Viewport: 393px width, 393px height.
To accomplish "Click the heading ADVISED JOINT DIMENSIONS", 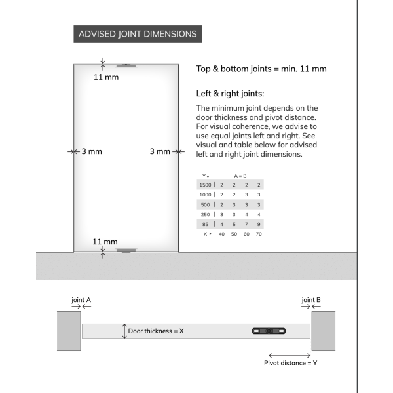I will (138, 34).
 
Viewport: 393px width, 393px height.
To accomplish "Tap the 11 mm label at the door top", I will (106, 77).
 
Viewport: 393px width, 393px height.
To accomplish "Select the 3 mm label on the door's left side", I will (92, 151).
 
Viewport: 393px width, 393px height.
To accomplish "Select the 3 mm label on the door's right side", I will (160, 151).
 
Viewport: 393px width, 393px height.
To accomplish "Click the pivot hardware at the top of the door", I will (125, 65).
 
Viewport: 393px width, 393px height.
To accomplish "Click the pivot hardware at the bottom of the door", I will (125, 250).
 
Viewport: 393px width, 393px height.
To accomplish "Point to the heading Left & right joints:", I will (230, 94).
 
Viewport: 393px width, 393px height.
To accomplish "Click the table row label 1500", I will (205, 185).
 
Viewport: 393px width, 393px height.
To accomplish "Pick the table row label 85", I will (206, 224).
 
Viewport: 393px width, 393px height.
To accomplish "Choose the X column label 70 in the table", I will (259, 234).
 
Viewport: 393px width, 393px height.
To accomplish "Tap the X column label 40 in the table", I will (221, 234).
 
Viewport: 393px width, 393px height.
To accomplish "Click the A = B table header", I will (240, 176).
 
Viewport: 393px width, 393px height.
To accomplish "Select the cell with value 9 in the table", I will (259, 224).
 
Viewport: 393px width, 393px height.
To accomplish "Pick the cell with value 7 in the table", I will (246, 224).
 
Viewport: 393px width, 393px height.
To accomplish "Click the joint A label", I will (81, 300).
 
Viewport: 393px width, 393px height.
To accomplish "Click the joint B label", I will (311, 300).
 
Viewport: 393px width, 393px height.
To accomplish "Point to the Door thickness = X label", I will (156, 331).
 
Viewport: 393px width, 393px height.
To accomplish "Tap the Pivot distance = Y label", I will (290, 362).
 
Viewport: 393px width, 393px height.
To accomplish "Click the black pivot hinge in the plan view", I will (269, 331).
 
